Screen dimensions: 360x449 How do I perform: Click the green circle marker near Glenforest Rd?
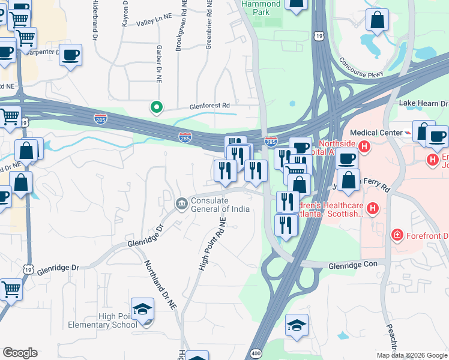click(156, 107)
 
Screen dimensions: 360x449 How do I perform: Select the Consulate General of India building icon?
click(181, 205)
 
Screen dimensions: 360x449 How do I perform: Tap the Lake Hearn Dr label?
click(424, 104)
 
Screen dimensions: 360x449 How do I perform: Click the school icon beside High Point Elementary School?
click(143, 310)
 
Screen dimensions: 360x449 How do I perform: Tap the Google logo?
click(20, 353)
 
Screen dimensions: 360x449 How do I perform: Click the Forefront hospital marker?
click(396, 235)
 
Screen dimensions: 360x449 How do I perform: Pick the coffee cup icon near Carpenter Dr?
click(70, 55)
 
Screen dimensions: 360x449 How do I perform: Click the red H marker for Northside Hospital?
click(363, 146)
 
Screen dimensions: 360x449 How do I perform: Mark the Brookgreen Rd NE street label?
click(178, 27)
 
